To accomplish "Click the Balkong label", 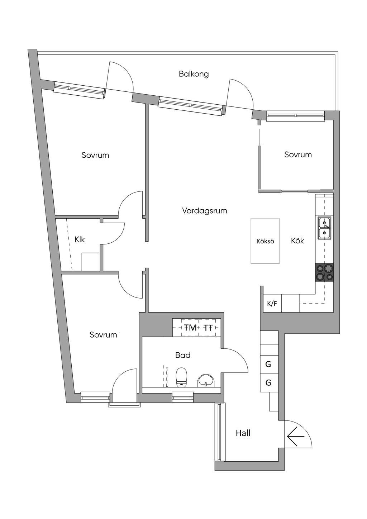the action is click(194, 74).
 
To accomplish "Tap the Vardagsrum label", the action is click(205, 211).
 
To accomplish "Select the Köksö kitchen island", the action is click(265, 241).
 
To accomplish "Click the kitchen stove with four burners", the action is click(324, 272).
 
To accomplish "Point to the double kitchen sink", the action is click(324, 228).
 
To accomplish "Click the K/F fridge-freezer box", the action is click(272, 304).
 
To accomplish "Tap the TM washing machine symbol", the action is click(190, 328).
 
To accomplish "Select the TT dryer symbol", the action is click(208, 328).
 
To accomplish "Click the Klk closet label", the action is click(80, 239).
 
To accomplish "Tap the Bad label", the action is click(183, 355).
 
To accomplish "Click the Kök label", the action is click(297, 241).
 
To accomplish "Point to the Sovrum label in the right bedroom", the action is click(298, 154).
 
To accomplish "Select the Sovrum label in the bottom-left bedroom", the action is click(103, 335).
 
